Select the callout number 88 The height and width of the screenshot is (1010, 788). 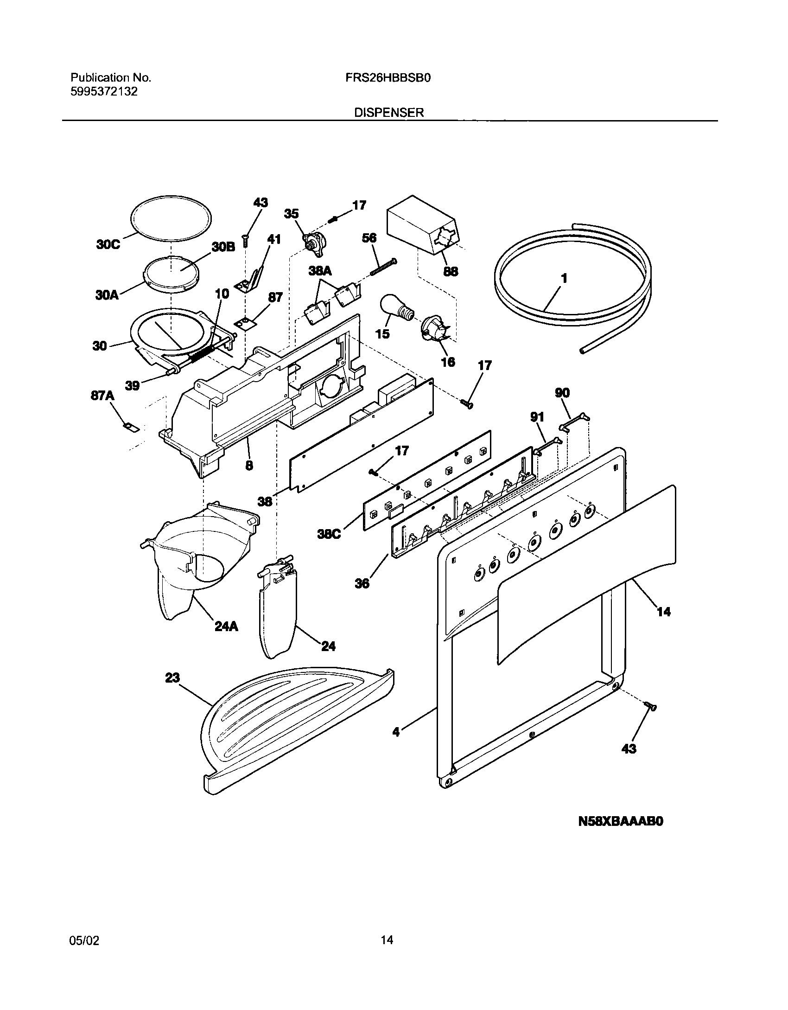point(451,271)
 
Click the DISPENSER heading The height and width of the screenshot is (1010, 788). point(389,112)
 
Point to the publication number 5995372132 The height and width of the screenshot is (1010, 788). point(104,91)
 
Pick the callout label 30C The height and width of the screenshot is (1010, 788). point(108,244)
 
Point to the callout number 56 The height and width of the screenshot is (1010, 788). point(369,238)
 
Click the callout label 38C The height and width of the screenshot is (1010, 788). point(330,534)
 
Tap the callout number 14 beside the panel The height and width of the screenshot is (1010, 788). point(664,612)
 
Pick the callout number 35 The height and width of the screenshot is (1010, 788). point(292,214)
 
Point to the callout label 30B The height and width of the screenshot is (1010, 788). point(223,247)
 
